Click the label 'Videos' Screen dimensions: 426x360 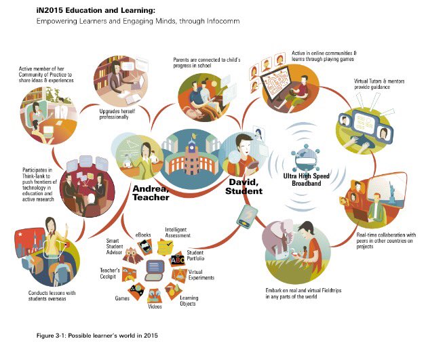pos(155,306)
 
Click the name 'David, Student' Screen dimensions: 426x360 pos(243,187)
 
